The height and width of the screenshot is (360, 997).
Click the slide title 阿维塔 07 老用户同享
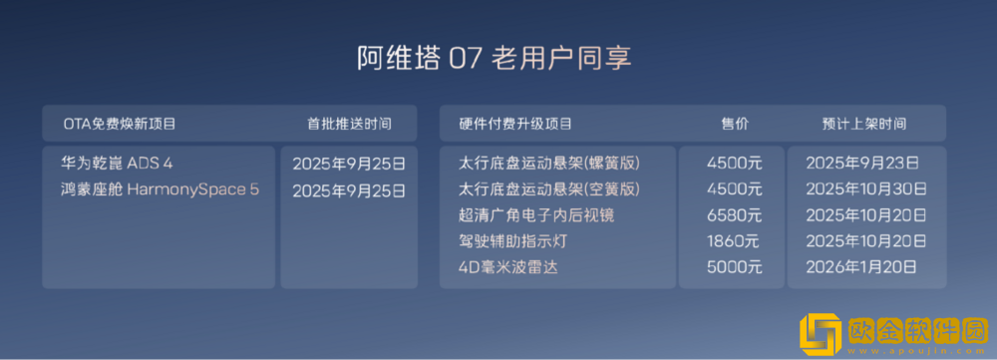click(495, 58)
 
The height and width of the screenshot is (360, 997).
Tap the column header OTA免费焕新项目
click(120, 125)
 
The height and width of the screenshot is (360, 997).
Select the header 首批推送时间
click(349, 125)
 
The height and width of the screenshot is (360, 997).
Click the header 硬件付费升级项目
click(515, 125)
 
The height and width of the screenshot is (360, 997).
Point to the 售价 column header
click(735, 125)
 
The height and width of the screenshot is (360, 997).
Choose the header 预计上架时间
click(864, 125)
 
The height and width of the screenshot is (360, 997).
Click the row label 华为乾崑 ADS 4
click(118, 163)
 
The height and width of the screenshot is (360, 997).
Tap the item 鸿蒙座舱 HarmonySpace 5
click(160, 189)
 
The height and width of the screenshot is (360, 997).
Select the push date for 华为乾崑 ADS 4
click(349, 163)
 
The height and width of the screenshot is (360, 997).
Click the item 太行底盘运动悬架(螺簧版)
click(548, 162)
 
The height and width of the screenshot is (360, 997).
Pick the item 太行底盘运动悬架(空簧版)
click(548, 188)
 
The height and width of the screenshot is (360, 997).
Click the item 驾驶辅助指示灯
click(508, 240)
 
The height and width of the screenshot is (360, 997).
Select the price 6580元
click(733, 214)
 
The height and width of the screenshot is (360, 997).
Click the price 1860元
click(733, 240)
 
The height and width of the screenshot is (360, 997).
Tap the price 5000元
click(733, 266)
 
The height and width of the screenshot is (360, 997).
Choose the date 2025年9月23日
click(862, 162)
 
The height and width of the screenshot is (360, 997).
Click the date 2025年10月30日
click(865, 188)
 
